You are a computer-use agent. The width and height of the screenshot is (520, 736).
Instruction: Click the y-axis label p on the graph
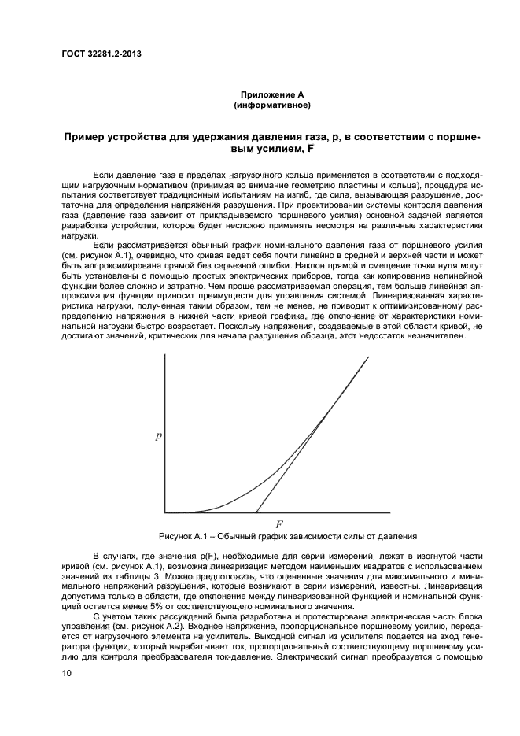[x=158, y=435]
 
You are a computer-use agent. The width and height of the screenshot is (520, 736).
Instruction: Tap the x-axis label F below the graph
[x=279, y=523]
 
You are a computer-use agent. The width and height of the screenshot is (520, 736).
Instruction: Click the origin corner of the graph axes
[x=165, y=512]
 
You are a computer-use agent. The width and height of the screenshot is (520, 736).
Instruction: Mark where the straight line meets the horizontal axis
[x=256, y=512]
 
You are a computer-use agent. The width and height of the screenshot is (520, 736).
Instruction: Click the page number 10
[x=67, y=673]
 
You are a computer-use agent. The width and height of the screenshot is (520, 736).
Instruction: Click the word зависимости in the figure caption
[x=309, y=537]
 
